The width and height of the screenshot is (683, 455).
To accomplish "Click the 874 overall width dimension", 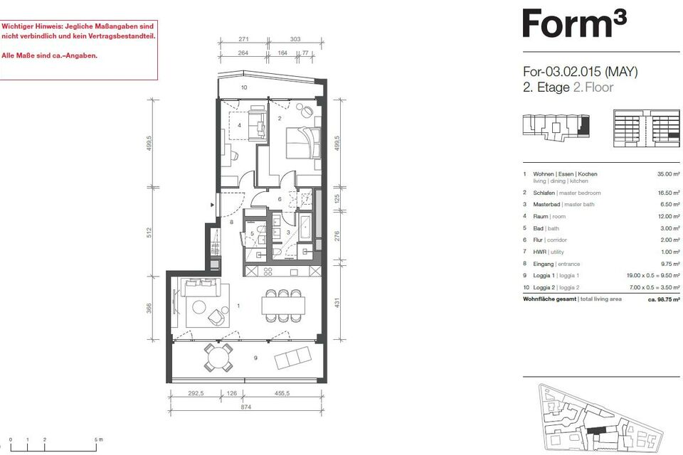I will pos(245,407).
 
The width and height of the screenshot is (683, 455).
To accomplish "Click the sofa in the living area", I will pos(201,285).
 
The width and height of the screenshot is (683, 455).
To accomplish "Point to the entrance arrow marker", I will pos(213,205).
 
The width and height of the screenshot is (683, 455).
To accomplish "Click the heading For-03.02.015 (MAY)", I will pos(580,72).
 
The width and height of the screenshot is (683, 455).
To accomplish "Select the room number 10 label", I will pos(243,87).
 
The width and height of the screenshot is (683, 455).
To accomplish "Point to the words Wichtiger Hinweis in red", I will pos(28,25).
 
